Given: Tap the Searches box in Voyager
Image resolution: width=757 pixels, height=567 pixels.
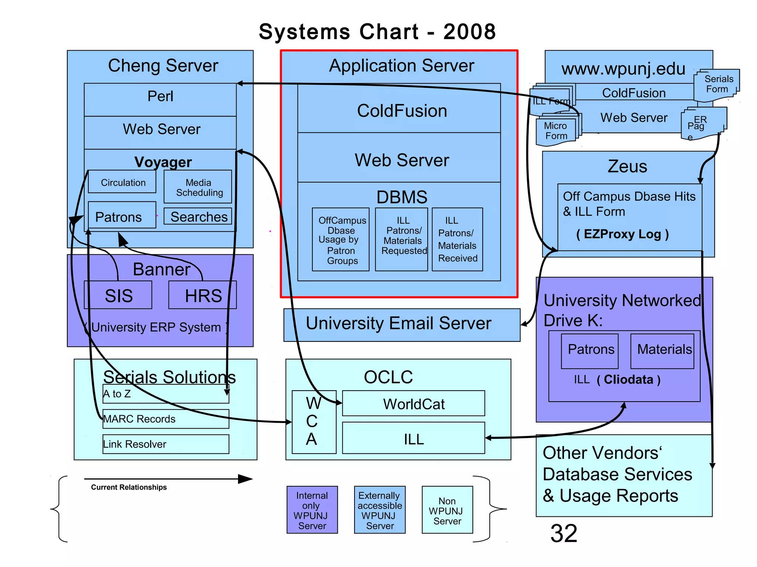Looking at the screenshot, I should point(198,217).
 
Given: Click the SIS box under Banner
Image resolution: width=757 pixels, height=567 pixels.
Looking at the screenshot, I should point(118,295).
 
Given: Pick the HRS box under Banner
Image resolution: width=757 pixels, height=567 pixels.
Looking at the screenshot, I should point(203,295).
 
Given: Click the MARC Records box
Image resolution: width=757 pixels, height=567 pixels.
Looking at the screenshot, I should point(166,419).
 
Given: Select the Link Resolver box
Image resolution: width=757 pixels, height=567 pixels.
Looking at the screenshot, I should point(166,444).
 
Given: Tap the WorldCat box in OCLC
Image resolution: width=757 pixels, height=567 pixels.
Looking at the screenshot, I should point(413,403).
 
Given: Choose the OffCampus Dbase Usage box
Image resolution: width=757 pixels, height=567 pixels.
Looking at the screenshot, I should point(341,240).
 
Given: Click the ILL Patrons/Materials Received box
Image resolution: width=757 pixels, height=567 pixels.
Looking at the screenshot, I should point(457,240).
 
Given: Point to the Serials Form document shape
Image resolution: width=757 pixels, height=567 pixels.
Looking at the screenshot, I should point(717,85).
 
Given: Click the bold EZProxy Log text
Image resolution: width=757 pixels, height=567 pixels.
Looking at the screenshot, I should point(622,234).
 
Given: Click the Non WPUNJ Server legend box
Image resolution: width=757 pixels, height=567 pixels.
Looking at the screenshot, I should point(447,510).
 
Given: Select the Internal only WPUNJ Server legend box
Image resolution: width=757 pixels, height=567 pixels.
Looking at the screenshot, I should point(312,510).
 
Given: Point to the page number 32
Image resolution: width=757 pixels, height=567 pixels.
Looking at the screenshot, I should point(563,533).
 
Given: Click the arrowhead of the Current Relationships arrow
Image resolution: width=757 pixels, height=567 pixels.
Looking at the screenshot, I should point(245,479).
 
